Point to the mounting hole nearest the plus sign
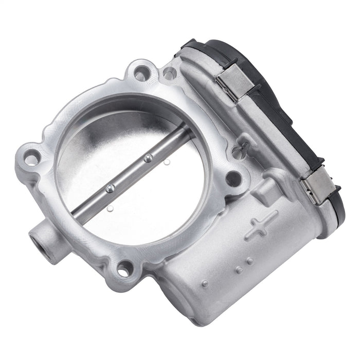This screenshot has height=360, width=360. [233, 178]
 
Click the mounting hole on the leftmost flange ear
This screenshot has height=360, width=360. [31, 158]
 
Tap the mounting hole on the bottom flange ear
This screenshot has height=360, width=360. [124, 268]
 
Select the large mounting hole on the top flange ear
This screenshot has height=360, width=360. [140, 74]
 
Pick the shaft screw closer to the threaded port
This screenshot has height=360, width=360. [109, 189]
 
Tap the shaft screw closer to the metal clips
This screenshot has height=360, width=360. [148, 158]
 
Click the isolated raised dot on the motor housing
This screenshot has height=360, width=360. [205, 283]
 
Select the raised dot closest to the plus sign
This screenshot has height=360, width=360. [249, 261]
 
